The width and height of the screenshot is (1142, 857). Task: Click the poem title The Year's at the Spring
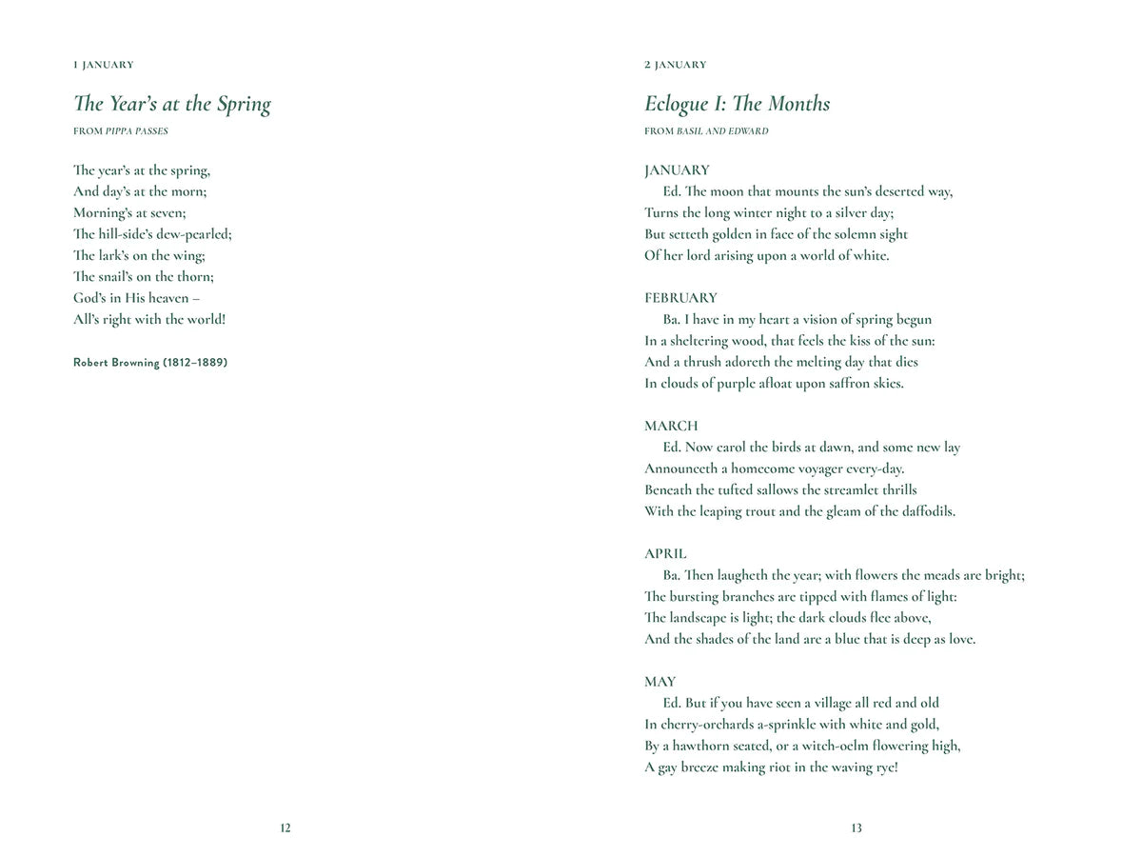(172, 105)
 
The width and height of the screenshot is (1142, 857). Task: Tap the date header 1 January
(104, 65)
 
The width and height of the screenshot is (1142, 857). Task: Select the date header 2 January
(676, 65)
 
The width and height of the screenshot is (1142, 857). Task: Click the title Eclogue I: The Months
(737, 105)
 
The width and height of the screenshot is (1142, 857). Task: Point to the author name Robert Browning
(150, 363)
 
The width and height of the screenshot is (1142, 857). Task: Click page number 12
(285, 828)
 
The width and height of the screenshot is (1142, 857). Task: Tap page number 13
(856, 828)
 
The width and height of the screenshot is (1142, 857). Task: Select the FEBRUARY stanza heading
(680, 298)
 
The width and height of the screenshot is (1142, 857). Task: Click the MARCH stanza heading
(671, 426)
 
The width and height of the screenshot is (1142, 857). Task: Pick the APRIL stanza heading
(665, 553)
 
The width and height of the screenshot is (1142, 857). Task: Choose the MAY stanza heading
(660, 682)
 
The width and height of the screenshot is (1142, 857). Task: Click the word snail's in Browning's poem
(117, 277)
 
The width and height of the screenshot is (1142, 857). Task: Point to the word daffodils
(922, 511)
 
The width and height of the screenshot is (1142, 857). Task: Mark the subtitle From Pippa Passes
(121, 131)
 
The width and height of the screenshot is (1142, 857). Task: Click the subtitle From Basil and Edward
(706, 131)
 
